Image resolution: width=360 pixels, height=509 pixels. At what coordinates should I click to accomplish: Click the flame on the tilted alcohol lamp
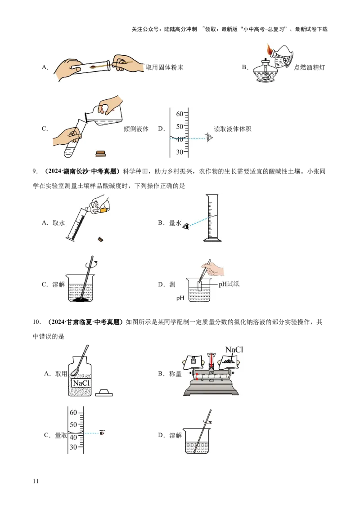(270, 50)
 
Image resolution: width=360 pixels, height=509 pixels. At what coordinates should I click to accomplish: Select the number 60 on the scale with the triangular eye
(180, 114)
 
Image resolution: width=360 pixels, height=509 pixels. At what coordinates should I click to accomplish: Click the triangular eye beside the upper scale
(209, 138)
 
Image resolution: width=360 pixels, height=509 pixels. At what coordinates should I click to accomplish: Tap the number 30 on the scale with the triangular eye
(180, 152)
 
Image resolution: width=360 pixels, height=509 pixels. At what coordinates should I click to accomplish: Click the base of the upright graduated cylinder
(213, 240)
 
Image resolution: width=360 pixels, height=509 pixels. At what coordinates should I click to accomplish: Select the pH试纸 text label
(229, 284)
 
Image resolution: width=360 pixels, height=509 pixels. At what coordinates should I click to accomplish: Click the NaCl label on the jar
(81, 383)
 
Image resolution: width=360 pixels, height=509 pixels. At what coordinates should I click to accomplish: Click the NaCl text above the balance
(234, 350)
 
